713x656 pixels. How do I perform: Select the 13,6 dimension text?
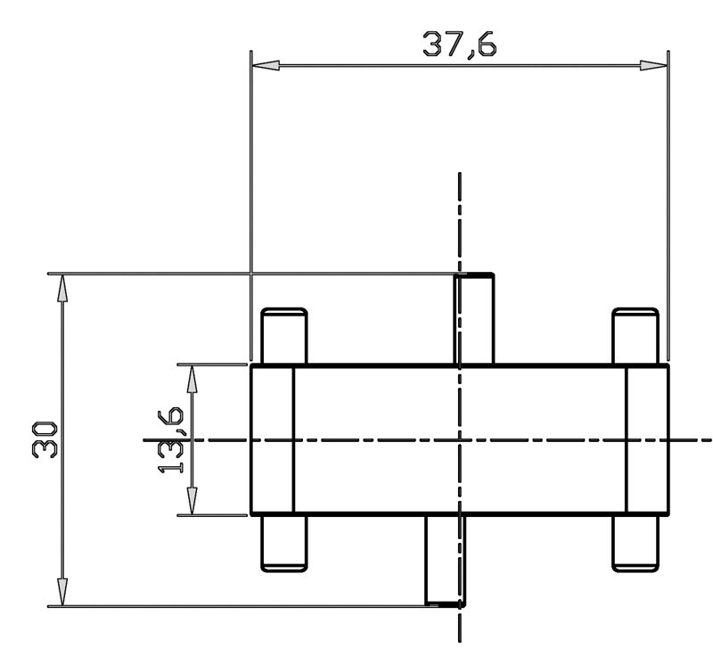click(172, 439)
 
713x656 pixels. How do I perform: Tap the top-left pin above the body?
click(283, 337)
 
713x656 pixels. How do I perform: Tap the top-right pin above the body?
click(635, 337)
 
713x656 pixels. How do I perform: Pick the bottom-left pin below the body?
click(283, 542)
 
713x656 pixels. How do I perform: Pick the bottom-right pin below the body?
click(635, 542)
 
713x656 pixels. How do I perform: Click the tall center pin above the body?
click(475, 319)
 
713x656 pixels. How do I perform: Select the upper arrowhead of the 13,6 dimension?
click(190, 376)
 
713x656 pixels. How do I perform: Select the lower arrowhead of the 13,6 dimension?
click(190, 503)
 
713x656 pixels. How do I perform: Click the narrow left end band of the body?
click(273, 439)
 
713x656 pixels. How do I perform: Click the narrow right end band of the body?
click(647, 439)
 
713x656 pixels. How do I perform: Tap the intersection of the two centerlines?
click(460, 439)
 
